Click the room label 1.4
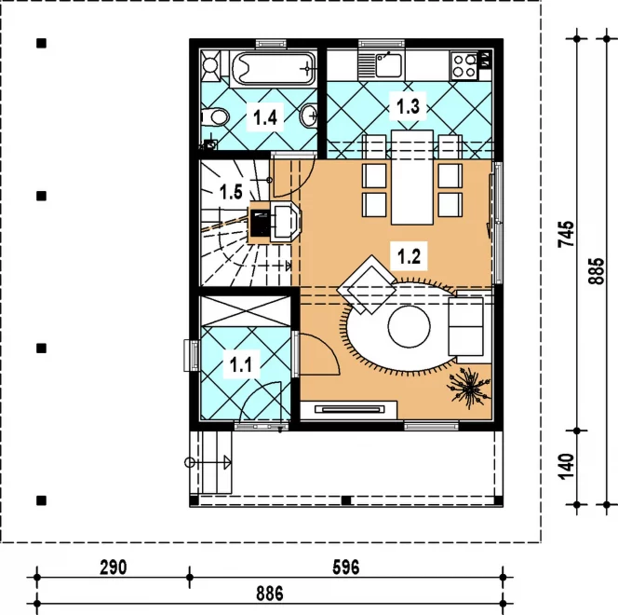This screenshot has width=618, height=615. pos(265,117)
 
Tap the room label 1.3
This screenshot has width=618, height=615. pos(408,106)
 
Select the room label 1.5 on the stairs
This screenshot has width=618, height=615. pos(231,192)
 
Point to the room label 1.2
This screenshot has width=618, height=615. pos(409,256)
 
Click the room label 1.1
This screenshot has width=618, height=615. pos(240,364)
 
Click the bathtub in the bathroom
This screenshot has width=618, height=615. pos(274,69)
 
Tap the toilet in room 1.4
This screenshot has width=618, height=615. pos(215,116)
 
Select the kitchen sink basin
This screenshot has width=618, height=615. pos(388,65)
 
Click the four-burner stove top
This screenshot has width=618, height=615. pos(464,65)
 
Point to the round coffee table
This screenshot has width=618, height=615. pos(410,327)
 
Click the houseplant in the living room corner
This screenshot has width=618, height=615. pos(469,389)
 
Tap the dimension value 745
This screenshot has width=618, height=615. pos(567,234)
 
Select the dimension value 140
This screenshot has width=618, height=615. pos(567,467)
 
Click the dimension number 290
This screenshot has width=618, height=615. pos(114,567)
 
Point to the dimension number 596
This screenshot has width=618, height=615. pos(345,567)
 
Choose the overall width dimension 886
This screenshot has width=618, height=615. pos(270,594)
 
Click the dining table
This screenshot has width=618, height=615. pos(412,177)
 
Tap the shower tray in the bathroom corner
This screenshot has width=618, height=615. pos(211,64)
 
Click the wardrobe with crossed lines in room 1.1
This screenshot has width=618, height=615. pos(246,311)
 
